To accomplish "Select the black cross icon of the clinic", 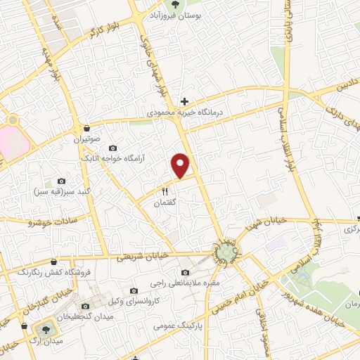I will click(x=185, y=101).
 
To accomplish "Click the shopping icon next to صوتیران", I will click(x=86, y=128).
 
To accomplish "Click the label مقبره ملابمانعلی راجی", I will click(x=184, y=283).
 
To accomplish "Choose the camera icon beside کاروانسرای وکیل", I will click(x=134, y=290).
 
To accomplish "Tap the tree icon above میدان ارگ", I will click(x=46, y=328).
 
